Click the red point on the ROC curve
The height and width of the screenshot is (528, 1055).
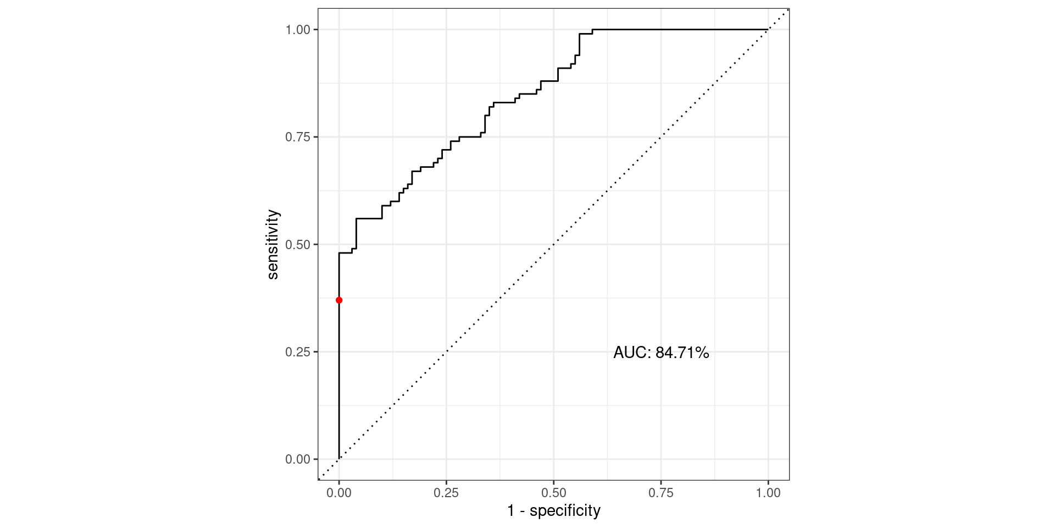pos(339,300)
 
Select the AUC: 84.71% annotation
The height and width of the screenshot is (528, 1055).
pos(661,353)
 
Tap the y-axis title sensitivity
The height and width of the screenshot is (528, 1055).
pos(273,244)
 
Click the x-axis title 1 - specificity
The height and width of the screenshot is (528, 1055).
pos(553,511)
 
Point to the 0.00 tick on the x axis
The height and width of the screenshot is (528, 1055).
pos(339,493)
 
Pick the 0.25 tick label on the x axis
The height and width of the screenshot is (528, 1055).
pos(446,493)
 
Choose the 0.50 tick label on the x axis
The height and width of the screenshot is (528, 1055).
pos(553,493)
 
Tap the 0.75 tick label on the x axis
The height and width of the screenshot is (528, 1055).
pos(660,493)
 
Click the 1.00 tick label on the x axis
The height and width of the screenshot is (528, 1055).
pos(768,493)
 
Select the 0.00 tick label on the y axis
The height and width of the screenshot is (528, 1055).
pos(298,459)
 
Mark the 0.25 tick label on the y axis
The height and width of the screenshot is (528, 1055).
pos(298,352)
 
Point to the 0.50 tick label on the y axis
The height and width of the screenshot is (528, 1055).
pos(298,244)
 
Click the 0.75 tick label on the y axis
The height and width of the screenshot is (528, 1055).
pos(298,137)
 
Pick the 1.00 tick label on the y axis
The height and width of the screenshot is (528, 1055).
pos(298,30)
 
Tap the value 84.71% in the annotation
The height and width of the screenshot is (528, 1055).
pos(682,353)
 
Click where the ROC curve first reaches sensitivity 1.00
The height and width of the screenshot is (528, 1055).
pos(592,29)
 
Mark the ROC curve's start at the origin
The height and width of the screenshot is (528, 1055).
pos(339,459)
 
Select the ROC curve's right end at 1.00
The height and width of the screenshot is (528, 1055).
pos(768,29)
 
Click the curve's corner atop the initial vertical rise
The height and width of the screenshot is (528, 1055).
pos(339,253)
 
